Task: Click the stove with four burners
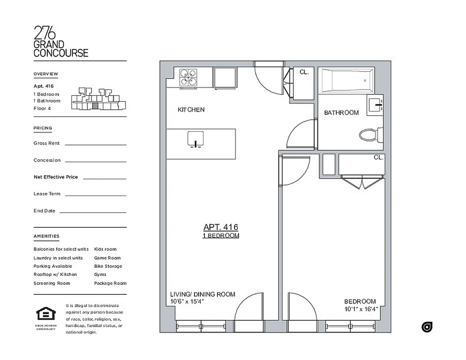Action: [188, 77]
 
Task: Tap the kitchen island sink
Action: [196, 139]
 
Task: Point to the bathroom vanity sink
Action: [375, 105]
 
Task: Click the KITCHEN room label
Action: [191, 110]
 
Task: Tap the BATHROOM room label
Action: [341, 112]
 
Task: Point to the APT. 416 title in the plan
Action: [221, 227]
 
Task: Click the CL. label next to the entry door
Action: [304, 72]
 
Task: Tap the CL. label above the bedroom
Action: [378, 157]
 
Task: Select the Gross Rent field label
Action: [46, 143]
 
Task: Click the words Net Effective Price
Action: [55, 177]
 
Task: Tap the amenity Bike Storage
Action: [108, 266]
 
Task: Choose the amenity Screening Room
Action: [52, 283]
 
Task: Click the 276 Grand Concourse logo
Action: [61, 41]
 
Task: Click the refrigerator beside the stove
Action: [225, 78]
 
